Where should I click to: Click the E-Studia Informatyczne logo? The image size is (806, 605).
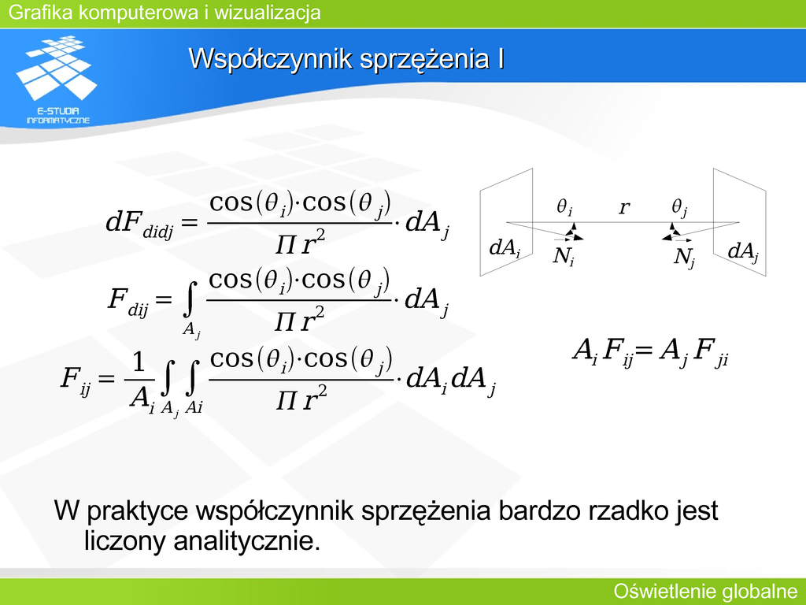(x=57, y=80)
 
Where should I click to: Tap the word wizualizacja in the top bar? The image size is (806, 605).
(x=268, y=12)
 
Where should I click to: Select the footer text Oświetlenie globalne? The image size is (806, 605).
(x=706, y=592)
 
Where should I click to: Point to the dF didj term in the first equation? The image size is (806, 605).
(x=139, y=224)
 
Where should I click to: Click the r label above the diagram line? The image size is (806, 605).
(x=624, y=207)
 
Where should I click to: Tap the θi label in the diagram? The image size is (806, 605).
(x=564, y=207)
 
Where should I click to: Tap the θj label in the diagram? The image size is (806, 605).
(x=679, y=208)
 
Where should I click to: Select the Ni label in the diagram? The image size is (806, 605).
(x=564, y=256)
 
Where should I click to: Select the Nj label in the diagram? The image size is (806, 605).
(x=685, y=257)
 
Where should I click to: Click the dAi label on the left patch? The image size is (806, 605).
(x=505, y=248)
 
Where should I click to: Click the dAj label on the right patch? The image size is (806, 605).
(x=744, y=251)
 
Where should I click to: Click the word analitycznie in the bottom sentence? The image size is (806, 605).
(x=246, y=540)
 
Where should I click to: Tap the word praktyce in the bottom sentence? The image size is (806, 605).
(x=138, y=511)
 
